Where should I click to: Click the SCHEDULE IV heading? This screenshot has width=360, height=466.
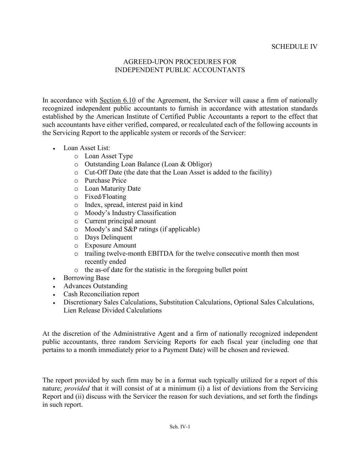(x=294, y=47)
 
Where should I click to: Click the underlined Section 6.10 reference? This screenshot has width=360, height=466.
(x=117, y=100)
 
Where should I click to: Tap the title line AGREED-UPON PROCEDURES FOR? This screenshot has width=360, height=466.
(x=179, y=62)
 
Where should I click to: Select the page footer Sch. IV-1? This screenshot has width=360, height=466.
(x=179, y=426)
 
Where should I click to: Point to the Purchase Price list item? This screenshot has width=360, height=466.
(x=105, y=181)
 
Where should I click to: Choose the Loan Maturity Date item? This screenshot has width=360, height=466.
(x=113, y=189)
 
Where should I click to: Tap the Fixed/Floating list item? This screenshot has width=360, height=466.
(x=105, y=197)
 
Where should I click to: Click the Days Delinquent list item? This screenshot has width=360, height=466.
(x=108, y=238)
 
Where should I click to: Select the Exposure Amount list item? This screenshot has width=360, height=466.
(x=110, y=245)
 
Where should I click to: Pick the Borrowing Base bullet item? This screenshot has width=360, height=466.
(x=86, y=278)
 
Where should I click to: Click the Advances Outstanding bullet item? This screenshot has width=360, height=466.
(x=95, y=286)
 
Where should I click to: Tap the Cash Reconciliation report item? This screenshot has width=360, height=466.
(x=101, y=294)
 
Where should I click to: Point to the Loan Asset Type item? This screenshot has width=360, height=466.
(x=109, y=156)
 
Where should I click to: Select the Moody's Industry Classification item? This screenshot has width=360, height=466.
(x=130, y=213)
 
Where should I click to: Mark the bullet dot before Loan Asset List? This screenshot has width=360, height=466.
(x=54, y=149)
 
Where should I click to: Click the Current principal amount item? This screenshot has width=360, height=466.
(x=120, y=221)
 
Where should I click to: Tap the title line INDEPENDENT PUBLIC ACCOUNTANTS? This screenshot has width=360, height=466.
(x=179, y=70)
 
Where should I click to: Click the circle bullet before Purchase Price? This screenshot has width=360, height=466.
(x=76, y=181)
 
